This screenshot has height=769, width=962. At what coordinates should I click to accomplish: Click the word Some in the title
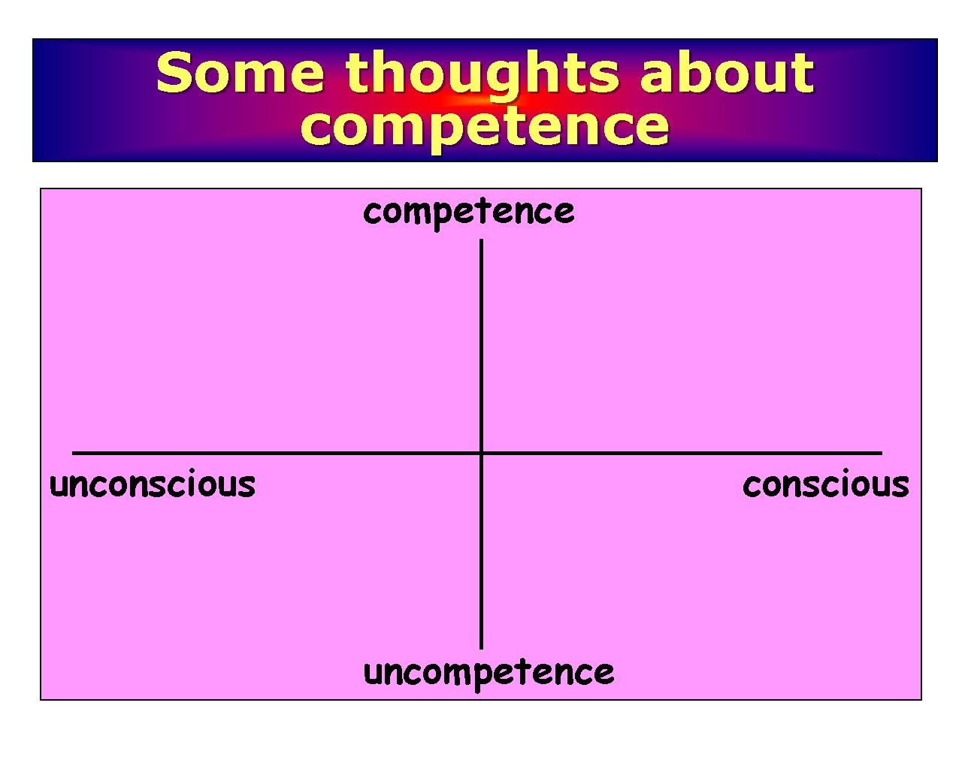coord(240,73)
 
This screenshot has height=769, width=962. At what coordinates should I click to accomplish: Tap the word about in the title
coord(727,73)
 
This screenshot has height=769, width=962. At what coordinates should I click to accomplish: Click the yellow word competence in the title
coord(484,126)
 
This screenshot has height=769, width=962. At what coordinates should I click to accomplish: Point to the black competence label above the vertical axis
coord(468,212)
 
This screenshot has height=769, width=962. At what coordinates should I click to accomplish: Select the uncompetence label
coord(489,672)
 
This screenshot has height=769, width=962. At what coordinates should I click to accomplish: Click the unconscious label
coord(153,484)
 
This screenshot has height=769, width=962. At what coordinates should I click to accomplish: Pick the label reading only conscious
coord(825,484)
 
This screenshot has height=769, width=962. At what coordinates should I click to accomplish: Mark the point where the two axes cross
coord(481,453)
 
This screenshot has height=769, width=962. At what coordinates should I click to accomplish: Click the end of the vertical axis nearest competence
coord(481,242)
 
